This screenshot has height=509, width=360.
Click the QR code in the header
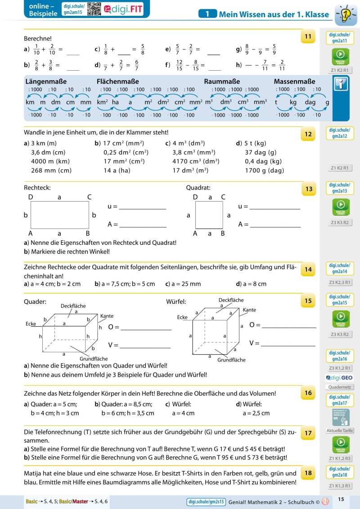(x=94, y=9)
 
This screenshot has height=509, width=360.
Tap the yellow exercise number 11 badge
(x=308, y=36)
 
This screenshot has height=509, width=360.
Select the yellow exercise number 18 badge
(x=308, y=473)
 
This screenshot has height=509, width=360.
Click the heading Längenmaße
(x=46, y=81)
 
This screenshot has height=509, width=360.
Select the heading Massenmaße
(x=294, y=81)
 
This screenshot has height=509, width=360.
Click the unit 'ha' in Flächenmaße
(x=115, y=102)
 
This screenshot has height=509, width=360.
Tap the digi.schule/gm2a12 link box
(x=340, y=133)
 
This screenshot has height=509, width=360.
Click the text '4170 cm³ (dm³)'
(x=195, y=161)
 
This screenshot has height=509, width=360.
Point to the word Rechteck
(x=37, y=187)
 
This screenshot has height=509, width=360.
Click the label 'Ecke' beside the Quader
(x=31, y=324)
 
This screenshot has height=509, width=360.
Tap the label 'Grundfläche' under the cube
(x=231, y=360)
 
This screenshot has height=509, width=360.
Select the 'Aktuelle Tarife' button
(x=340, y=431)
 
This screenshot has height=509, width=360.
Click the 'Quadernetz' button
(x=340, y=387)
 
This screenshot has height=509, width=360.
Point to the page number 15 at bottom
(x=341, y=499)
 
